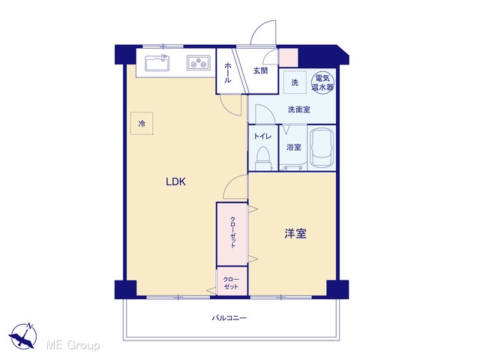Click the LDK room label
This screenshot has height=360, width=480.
pos(175,181)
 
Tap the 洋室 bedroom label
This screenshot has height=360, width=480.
pos(295,234)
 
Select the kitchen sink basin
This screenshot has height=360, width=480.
pos(157,63)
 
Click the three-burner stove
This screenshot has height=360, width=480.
pos(198,63)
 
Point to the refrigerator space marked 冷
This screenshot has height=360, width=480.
pos(142,123)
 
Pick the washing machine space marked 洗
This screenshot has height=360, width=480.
pos(295,82)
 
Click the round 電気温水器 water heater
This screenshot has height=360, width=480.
pos(322,82)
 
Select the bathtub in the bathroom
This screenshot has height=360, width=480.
pos(322,148)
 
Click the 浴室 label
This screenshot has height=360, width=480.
pos(293,147)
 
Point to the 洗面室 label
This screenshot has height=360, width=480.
pos(299,109)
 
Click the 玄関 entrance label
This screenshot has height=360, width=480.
pos(260,70)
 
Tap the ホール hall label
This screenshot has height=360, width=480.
pos(227,73)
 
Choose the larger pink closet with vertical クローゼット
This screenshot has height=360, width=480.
pos(232,234)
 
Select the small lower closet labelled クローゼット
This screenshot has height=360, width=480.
pos(232,281)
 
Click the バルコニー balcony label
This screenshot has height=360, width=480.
pos(229,318)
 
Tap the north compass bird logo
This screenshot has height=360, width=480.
pos(23,336)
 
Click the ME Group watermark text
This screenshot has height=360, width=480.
pos(73,345)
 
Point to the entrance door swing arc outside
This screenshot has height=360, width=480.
pos(261,28)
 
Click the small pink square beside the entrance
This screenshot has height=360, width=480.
pos(288,58)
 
